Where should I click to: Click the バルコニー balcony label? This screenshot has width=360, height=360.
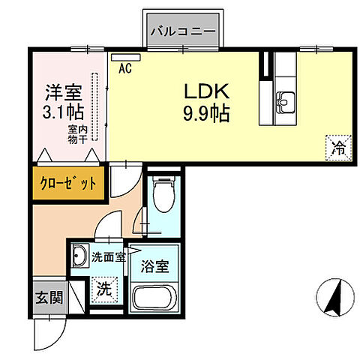pos(182,31)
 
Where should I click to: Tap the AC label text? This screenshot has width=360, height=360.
pos(125,67)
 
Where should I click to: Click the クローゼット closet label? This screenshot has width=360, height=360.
pos(67,184)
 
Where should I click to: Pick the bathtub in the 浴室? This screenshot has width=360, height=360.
pos(156,298)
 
